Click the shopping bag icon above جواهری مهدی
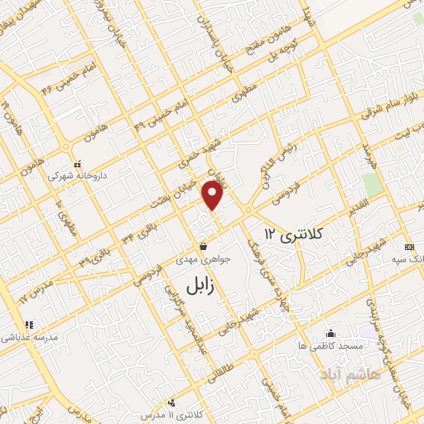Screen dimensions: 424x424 pyautogui.click(x=204, y=246)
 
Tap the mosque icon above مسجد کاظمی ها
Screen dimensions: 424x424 pyautogui.click(x=330, y=332)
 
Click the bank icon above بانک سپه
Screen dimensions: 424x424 pyautogui.click(x=408, y=247)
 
